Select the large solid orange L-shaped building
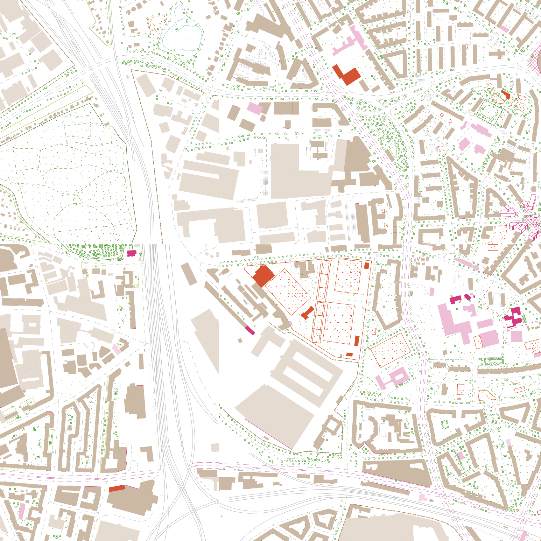point(347,75)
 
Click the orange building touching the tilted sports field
point(263,276)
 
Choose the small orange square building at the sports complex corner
point(367,265)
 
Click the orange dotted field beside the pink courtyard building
point(390,349)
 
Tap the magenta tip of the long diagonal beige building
point(250,330)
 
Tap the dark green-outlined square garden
point(490,112)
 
